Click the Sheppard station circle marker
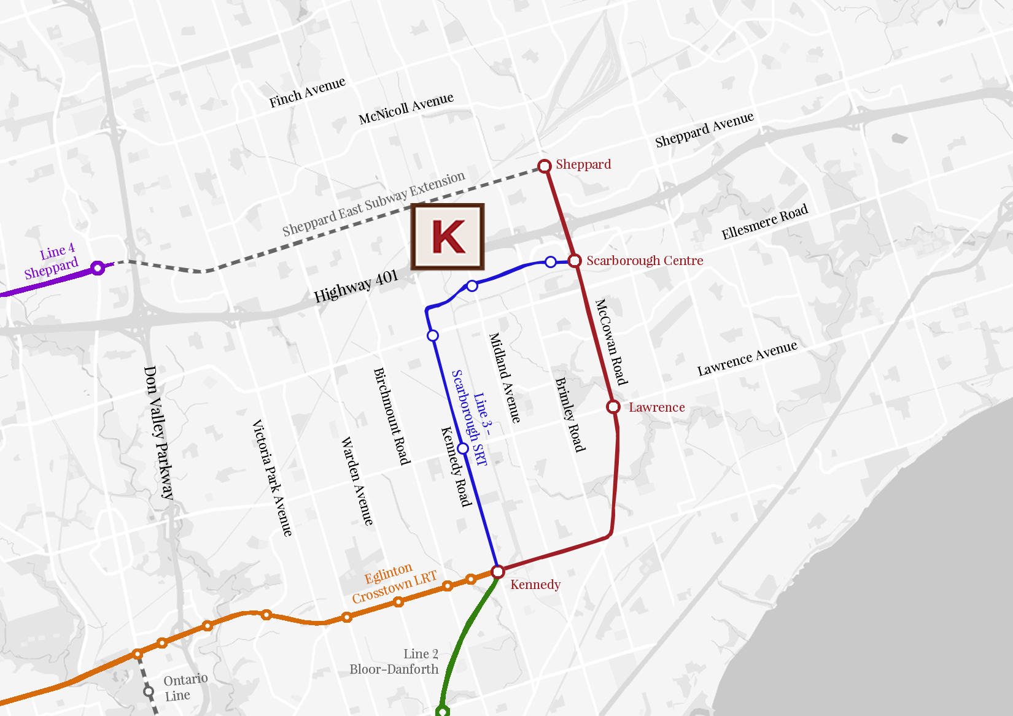coord(544,166)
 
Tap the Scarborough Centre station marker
coord(575,261)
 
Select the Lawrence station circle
coord(613,407)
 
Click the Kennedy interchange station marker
coord(498,572)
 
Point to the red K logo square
coord(448,237)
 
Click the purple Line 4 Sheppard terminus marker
coord(98,268)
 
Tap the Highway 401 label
coord(355,287)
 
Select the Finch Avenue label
coord(307,92)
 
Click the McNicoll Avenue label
coord(406,108)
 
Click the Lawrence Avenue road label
coord(747,358)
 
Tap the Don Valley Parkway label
coord(158,432)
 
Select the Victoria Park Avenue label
coord(272,478)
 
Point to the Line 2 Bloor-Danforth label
coord(394,661)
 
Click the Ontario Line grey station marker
coord(149,691)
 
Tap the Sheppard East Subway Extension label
coord(373,204)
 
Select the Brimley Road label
coord(570,415)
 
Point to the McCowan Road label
coord(611,342)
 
